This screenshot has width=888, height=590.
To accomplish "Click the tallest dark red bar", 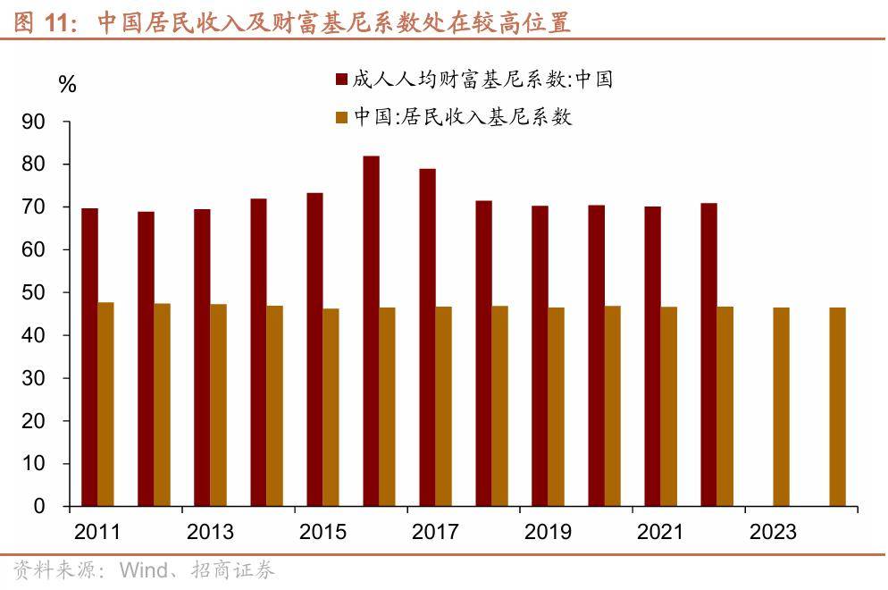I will tap(371, 331).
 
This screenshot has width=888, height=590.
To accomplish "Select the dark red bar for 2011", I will tap(89, 358).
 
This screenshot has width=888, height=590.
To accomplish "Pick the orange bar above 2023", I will tap(781, 407).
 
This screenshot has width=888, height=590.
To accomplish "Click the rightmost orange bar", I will tap(837, 407).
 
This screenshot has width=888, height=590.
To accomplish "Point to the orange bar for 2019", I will tap(556, 407).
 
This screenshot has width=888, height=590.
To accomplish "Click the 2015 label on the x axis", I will tap(323, 533).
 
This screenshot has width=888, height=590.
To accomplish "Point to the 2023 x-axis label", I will tap(773, 533).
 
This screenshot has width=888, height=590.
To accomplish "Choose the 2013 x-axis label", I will tap(210, 533).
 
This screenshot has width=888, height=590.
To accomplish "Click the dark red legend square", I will tap(340, 80).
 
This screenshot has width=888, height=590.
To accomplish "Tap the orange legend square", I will tap(340, 117).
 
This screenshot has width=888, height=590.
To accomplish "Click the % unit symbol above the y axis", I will tap(67, 85).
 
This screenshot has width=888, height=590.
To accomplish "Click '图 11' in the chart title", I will tap(45, 23).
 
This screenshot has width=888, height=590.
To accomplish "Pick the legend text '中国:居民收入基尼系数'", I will tap(462, 117).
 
